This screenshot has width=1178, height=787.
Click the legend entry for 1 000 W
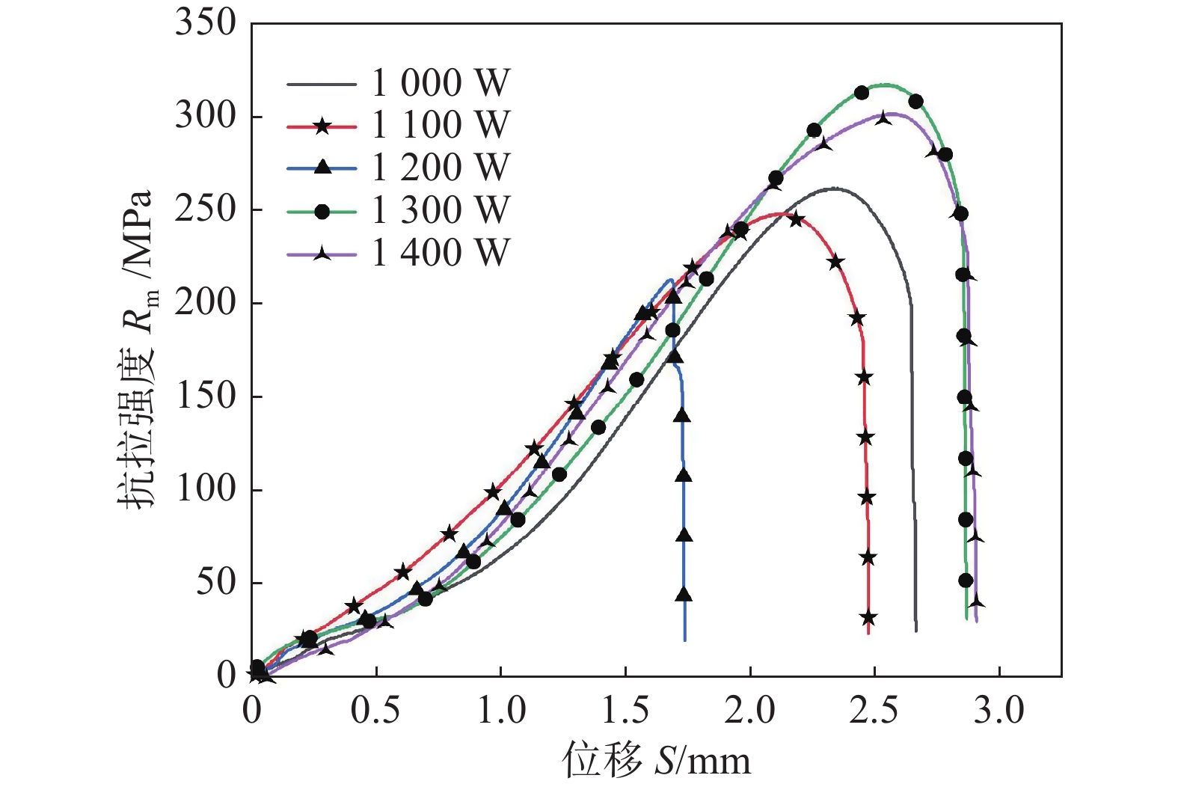click(x=441, y=83)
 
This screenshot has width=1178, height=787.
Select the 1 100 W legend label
click(x=441, y=126)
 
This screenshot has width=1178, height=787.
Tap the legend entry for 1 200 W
click(x=441, y=168)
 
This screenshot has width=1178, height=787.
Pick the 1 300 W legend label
click(x=441, y=211)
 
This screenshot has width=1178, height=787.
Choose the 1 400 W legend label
click(x=441, y=254)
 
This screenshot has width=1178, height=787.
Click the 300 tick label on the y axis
click(x=206, y=116)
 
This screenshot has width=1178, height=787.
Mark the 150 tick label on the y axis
click(x=206, y=396)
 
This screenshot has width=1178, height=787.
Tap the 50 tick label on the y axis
click(x=215, y=582)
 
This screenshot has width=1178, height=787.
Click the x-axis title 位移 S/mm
click(x=656, y=762)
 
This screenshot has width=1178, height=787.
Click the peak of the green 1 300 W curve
click(x=887, y=85)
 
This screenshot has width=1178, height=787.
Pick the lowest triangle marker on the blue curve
click(x=684, y=595)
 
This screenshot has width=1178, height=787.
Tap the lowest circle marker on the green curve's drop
click(x=966, y=581)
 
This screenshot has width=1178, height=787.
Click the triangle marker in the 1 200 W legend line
click(x=322, y=168)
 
